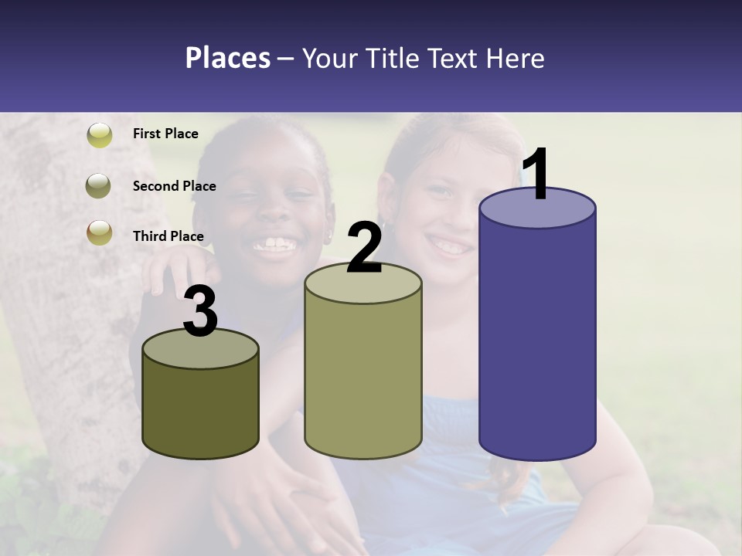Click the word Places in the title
pyautogui.click(x=227, y=58)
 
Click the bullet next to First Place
pyautogui.click(x=99, y=135)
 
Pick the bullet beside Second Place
pyautogui.click(x=99, y=186)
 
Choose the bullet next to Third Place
pyautogui.click(x=99, y=232)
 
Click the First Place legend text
pyautogui.click(x=165, y=134)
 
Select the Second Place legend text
pyautogui.click(x=174, y=186)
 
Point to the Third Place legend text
pyautogui.click(x=168, y=236)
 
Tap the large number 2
pyautogui.click(x=364, y=247)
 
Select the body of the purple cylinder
pyautogui.click(x=537, y=340)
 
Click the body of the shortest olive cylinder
pyautogui.click(x=201, y=409)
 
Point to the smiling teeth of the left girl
pyautogui.click(x=274, y=246)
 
